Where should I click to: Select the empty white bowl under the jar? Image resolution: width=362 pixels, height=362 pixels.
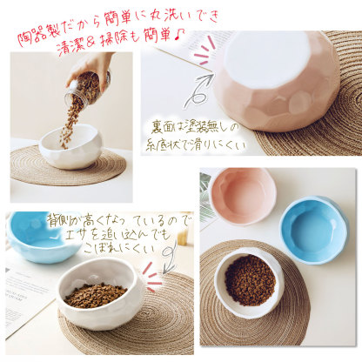(x=70, y=146)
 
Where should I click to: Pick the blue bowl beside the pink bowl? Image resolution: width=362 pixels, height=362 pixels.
(x=312, y=228)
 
